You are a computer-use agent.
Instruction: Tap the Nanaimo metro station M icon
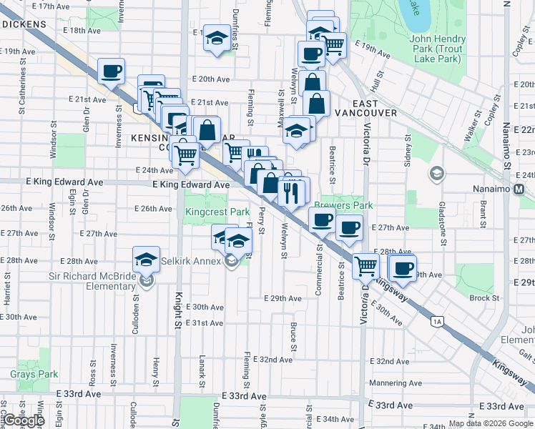[520, 189]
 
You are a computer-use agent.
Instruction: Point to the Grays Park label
[34, 374]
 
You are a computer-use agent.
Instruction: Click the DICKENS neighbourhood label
[24, 24]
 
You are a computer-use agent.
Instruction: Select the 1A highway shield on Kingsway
[437, 322]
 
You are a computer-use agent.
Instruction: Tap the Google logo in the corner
[24, 420]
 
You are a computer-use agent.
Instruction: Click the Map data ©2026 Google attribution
[491, 423]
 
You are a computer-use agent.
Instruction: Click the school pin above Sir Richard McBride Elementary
[146, 260]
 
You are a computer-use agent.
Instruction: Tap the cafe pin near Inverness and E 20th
[111, 71]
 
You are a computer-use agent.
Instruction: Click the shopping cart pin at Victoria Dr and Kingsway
[365, 266]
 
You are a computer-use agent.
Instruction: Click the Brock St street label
[484, 298]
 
